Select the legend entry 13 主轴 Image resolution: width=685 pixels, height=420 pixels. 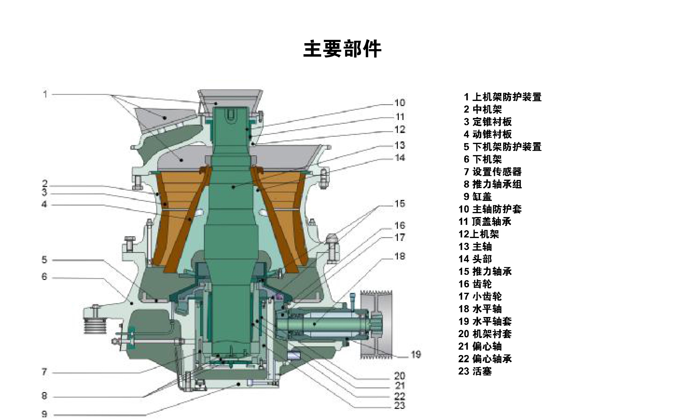(x=475, y=246)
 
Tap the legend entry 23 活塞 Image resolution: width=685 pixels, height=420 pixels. (x=475, y=371)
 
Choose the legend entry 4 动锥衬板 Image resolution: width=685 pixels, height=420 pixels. (x=488, y=134)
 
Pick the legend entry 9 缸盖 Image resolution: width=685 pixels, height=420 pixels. (x=478, y=197)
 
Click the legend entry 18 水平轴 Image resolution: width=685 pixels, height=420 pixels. (x=480, y=309)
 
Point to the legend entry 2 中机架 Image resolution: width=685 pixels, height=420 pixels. (x=483, y=109)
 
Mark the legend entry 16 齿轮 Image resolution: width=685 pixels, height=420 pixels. (x=475, y=284)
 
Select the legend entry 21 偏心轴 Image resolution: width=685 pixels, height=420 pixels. (x=480, y=346)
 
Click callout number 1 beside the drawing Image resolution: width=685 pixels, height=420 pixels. (x=45, y=94)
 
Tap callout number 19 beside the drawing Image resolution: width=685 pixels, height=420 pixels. (x=416, y=354)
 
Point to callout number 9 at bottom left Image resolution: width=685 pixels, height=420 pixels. (x=44, y=414)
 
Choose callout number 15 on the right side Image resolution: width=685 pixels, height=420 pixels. (x=400, y=204)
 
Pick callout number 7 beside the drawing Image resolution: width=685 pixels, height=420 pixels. (x=44, y=372)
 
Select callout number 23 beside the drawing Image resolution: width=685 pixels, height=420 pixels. (x=400, y=406)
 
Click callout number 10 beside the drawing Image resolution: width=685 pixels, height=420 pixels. (x=400, y=103)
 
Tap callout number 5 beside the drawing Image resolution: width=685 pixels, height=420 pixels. (x=44, y=260)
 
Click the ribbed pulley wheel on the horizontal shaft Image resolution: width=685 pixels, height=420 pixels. (x=376, y=324)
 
